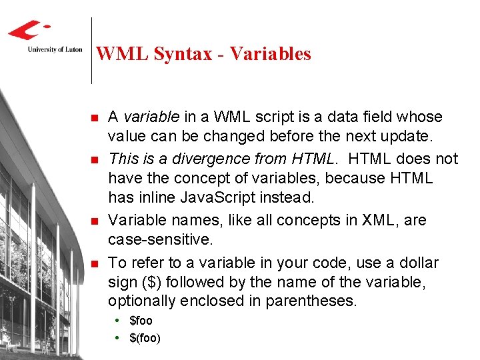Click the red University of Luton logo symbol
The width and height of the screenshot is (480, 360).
(28, 30)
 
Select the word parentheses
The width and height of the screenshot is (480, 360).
(311, 302)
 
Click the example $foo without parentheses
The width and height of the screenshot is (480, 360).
(141, 321)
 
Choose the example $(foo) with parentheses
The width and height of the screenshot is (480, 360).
(145, 338)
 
